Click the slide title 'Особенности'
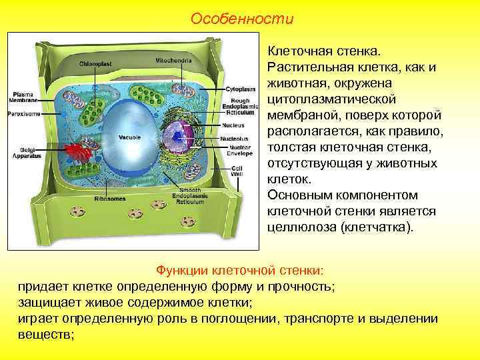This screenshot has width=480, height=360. pos(241,19)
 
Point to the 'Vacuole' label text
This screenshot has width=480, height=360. pos(129,137)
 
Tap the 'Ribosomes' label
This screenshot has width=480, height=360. pos(107,199)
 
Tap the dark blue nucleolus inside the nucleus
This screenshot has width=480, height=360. pos(179,137)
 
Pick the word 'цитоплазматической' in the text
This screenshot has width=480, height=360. pos(325,99)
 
